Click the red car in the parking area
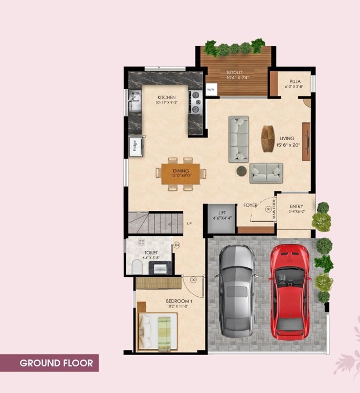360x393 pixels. (x=289, y=291)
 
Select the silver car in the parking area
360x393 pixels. (x=237, y=292)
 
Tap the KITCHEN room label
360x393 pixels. (x=166, y=97)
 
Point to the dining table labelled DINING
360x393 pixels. (x=181, y=173)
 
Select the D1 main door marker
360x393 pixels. (x=268, y=209)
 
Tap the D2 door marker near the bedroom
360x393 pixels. (x=193, y=280)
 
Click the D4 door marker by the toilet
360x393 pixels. (x=176, y=245)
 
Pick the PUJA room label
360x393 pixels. (x=295, y=81)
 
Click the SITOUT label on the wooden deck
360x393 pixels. (x=235, y=73)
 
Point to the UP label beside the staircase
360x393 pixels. (x=189, y=224)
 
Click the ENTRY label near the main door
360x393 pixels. (x=297, y=207)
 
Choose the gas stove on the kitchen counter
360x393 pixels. (x=195, y=101)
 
